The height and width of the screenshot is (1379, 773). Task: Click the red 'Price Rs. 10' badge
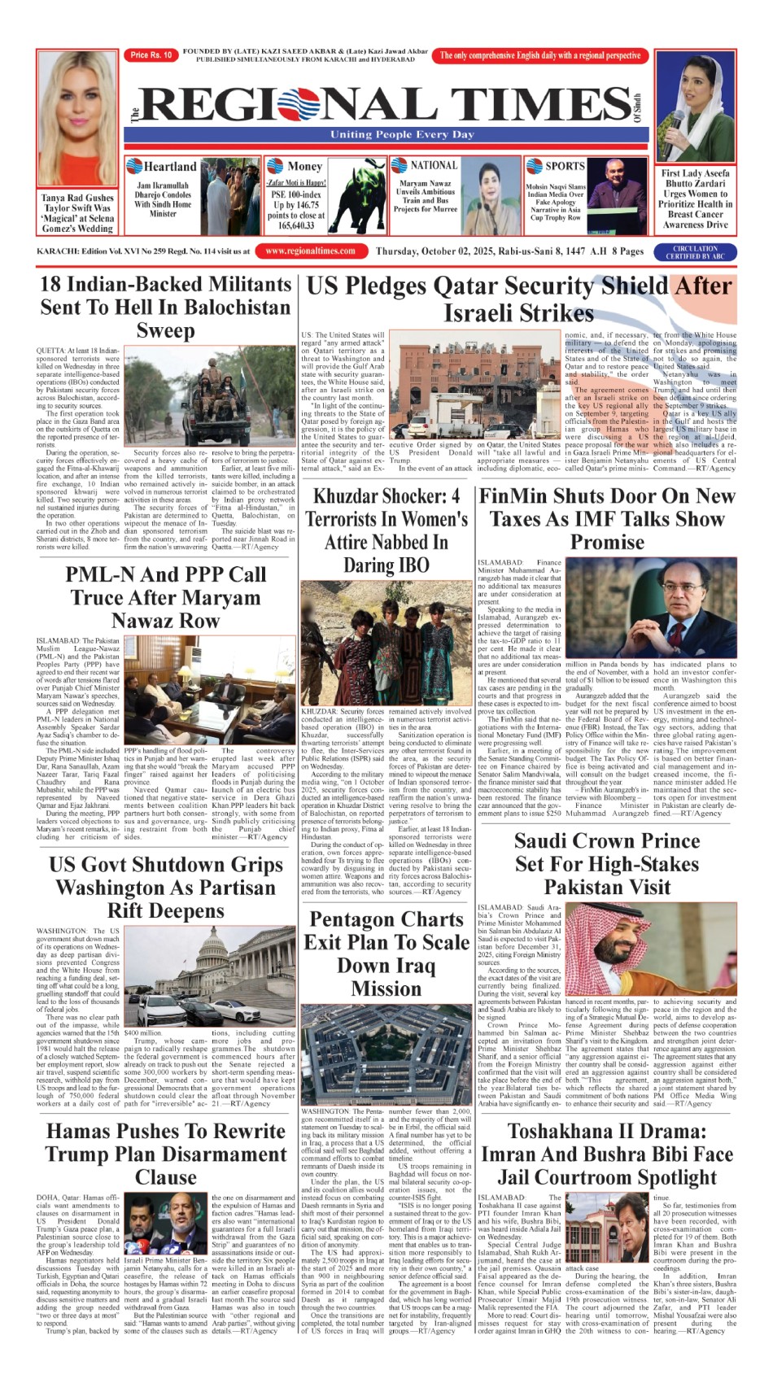pos(151,55)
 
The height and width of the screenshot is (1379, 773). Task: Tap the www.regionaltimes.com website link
pos(310,251)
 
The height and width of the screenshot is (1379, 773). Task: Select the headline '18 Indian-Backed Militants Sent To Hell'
pos(165,307)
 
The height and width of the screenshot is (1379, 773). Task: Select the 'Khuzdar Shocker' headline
pos(386,530)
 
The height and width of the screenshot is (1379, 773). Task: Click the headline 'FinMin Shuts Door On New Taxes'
pos(606,518)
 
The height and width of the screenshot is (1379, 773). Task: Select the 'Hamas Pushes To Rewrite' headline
pos(165,1154)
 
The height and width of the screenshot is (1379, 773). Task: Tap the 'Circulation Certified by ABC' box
pos(695,252)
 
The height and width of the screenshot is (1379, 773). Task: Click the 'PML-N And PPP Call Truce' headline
pos(165,597)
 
